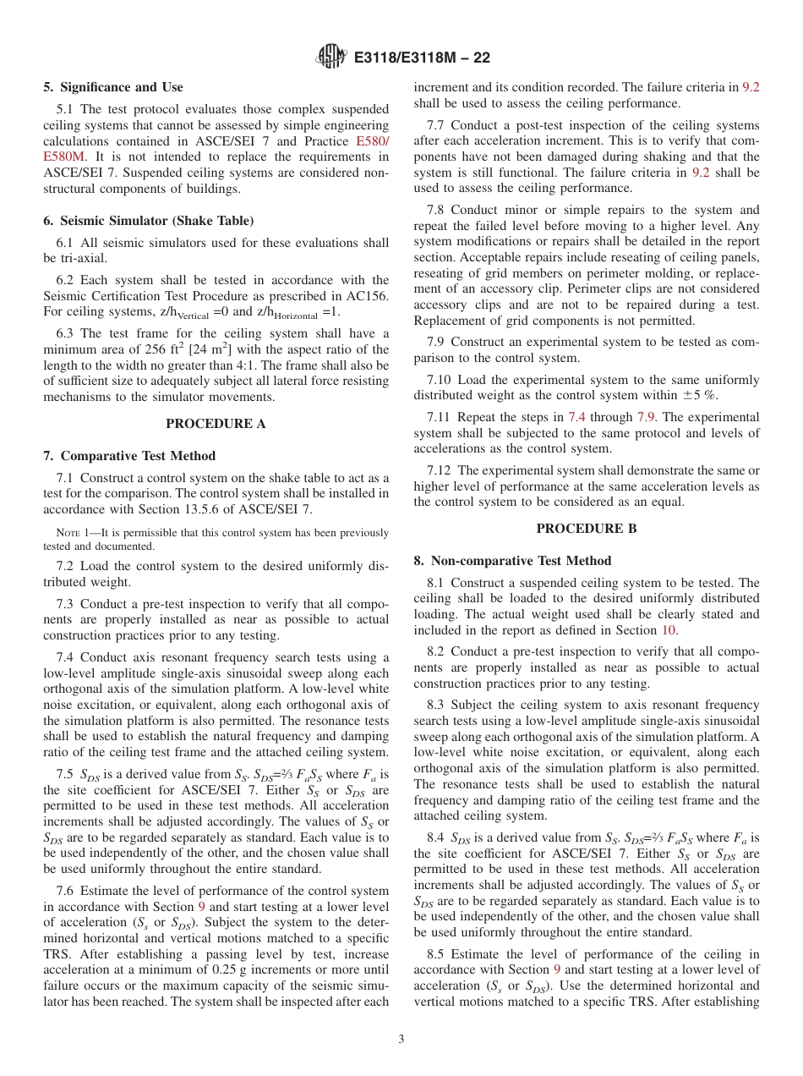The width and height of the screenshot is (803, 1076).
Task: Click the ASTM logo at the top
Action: [x=330, y=58]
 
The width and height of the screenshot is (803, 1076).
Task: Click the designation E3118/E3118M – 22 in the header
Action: [x=422, y=58]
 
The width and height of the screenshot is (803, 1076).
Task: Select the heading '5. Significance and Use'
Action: [x=113, y=87]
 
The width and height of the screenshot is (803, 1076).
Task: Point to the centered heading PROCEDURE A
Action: [x=216, y=424]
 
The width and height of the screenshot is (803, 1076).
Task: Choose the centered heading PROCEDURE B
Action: [x=586, y=529]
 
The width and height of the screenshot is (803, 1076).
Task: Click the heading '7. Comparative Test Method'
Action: [x=129, y=456]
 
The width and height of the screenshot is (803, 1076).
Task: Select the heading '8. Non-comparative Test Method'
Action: [x=512, y=561]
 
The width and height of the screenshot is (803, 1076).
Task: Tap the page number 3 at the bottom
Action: [x=401, y=1039]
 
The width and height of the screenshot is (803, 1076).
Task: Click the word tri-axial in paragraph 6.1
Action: [x=69, y=259]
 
